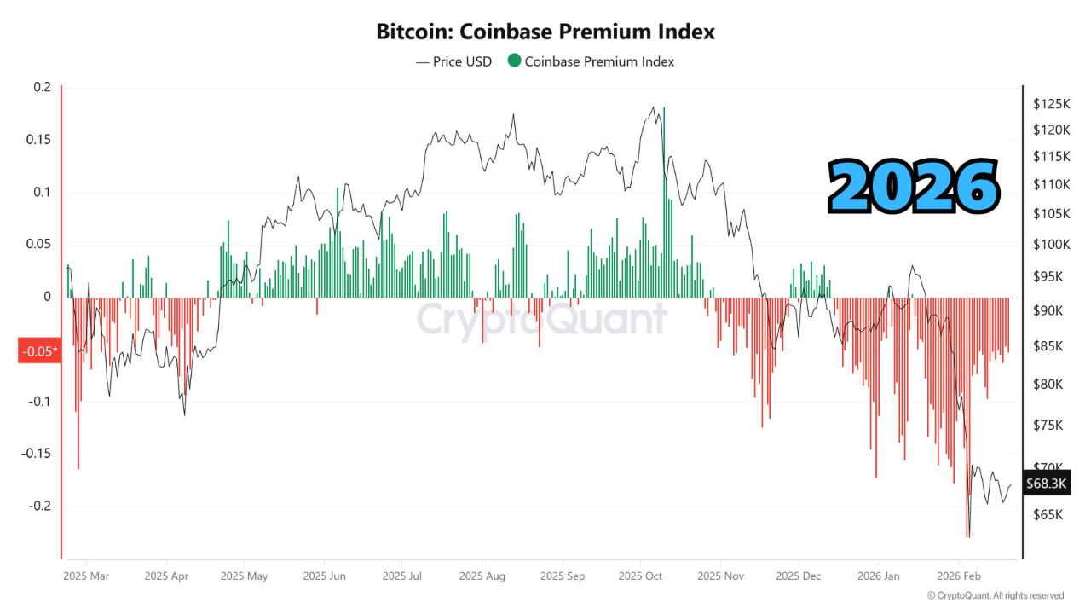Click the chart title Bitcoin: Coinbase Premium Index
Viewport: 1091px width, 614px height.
point(545,32)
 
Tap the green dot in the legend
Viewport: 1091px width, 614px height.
point(514,61)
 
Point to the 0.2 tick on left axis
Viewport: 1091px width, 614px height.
point(43,87)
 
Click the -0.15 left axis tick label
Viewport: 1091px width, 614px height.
point(37,454)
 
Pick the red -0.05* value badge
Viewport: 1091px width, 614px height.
point(39,350)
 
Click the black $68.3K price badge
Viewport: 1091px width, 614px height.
point(1046,484)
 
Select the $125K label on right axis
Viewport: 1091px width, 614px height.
point(1050,104)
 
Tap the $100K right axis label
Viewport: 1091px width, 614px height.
point(1050,245)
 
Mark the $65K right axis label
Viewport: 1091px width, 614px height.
point(1048,515)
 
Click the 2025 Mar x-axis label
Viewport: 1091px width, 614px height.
point(86,576)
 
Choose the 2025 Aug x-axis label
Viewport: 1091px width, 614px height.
point(482,576)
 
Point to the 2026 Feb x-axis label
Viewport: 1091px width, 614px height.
point(959,576)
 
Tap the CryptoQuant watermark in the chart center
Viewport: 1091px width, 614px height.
point(541,320)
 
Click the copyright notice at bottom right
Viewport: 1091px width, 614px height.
point(996,595)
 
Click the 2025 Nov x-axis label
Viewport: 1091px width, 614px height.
point(720,576)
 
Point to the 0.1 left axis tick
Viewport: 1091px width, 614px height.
point(43,192)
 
